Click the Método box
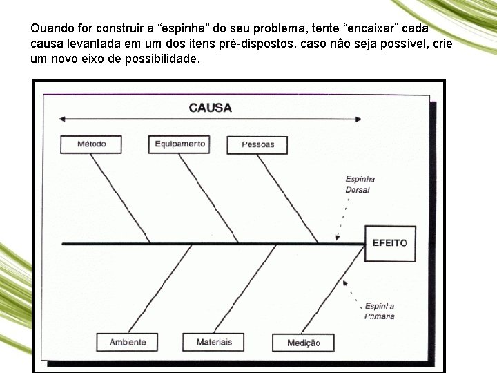(92, 144)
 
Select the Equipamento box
(179, 144)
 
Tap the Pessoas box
(257, 144)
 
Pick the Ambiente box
(128, 342)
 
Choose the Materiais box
(214, 342)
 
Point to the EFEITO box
(389, 242)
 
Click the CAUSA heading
(210, 107)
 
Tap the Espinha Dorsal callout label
(360, 184)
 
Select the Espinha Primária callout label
(380, 311)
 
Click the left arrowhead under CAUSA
(62, 119)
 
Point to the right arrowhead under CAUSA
(358, 119)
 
